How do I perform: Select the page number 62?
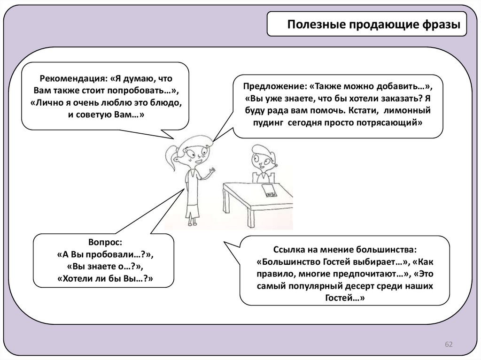point(448,345)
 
